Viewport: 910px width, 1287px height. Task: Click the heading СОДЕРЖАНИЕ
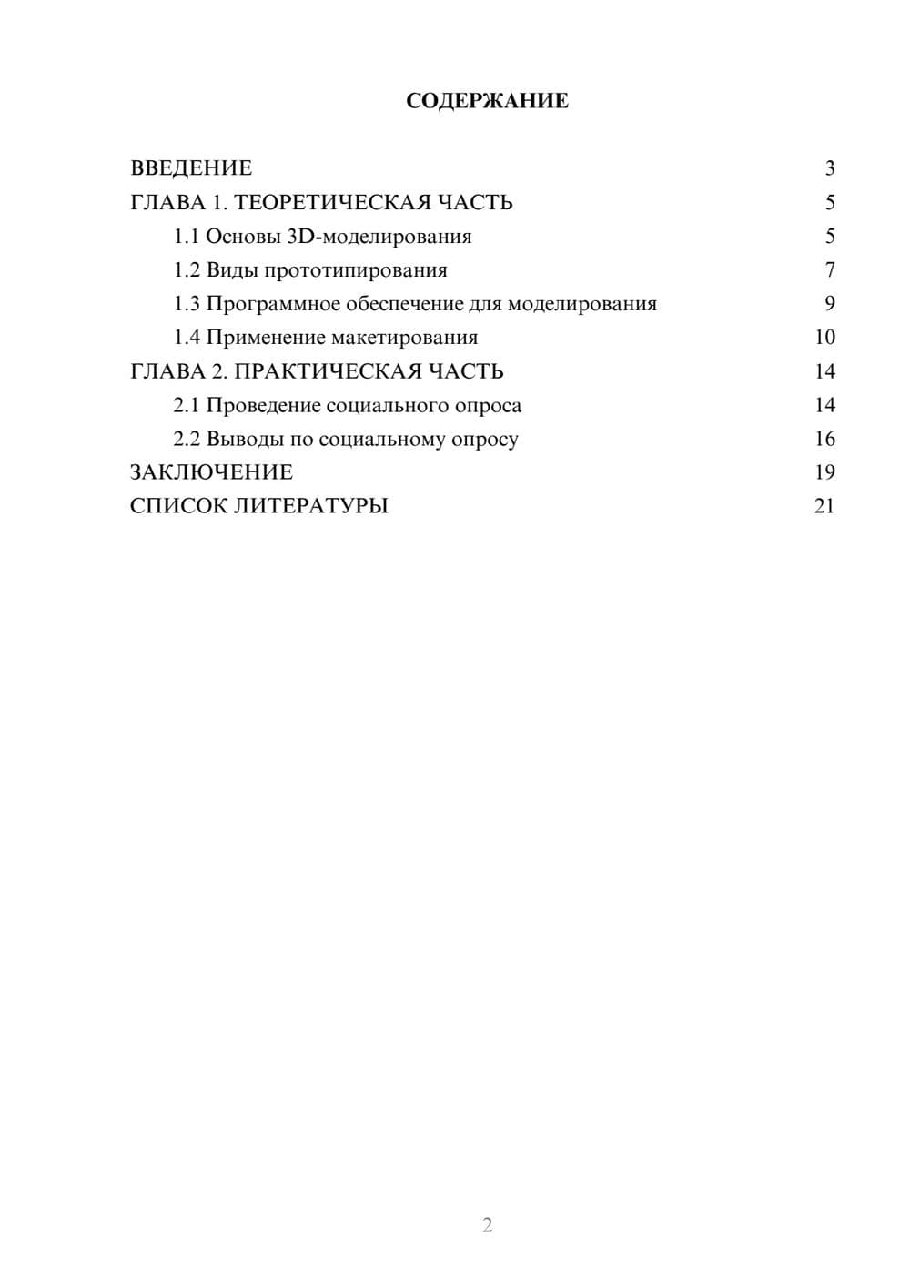487,101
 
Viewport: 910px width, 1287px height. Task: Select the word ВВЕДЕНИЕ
191,168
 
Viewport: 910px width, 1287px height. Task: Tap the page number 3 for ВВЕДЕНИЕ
830,168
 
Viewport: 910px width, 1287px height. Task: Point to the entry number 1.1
187,237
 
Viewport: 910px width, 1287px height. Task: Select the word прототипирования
355,270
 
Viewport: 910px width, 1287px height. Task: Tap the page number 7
830,270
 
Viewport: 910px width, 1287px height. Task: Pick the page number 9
830,304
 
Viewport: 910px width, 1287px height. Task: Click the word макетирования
404,338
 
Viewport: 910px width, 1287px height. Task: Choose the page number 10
824,338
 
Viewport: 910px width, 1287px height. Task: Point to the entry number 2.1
187,405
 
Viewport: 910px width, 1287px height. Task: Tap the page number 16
824,439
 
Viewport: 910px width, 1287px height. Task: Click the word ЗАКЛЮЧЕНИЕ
211,472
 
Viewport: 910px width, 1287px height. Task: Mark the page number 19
824,472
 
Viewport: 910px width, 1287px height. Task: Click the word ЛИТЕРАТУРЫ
311,506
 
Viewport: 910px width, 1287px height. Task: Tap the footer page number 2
487,1225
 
